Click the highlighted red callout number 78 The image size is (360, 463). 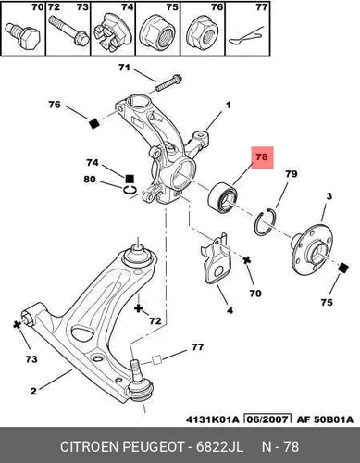[x=262, y=157]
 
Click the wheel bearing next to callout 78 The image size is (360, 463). [x=223, y=198]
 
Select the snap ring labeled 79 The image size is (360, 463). [x=265, y=221]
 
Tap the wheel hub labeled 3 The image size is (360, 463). [x=311, y=251]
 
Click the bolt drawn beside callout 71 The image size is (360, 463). [x=168, y=82]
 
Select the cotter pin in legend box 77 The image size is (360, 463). [x=246, y=36]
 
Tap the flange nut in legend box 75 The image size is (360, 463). [x=157, y=32]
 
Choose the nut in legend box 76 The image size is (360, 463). [x=202, y=32]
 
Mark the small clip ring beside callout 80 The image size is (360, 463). [x=130, y=191]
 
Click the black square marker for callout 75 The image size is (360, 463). [x=342, y=268]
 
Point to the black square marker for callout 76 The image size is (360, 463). [x=93, y=123]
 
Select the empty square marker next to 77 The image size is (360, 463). [x=157, y=360]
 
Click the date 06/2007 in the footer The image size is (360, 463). [x=267, y=419]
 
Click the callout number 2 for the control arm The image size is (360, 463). [x=33, y=391]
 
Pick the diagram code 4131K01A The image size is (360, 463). [x=212, y=419]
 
